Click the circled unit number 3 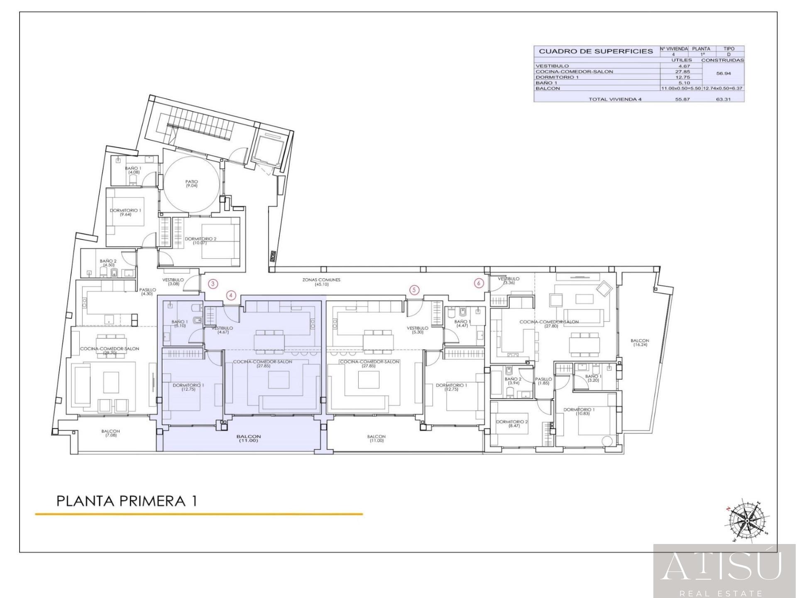[x=213, y=284]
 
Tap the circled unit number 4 [x=231, y=296]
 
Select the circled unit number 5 [x=414, y=290]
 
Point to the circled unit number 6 [x=479, y=283]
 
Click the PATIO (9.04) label [x=191, y=184]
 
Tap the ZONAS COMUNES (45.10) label [x=321, y=282]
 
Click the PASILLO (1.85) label [x=543, y=381]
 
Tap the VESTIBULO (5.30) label [x=417, y=330]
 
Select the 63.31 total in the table [x=723, y=99]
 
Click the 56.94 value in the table [x=723, y=73]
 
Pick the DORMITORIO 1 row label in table [x=557, y=77]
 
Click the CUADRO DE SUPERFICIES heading [x=596, y=51]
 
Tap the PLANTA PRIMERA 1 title [x=127, y=501]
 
